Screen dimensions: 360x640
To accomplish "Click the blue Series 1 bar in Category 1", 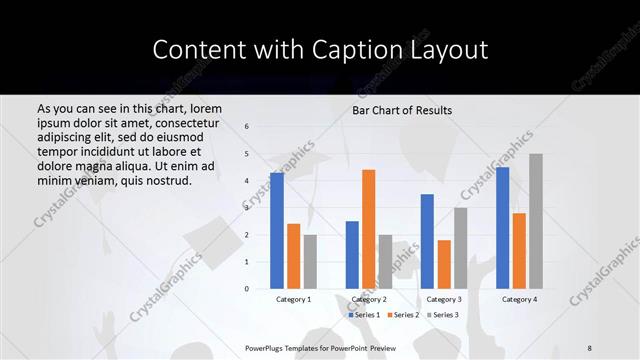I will point(276,231).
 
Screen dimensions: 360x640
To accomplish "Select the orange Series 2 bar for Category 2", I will point(368,229).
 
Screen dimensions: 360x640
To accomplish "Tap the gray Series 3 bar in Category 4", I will point(536,221).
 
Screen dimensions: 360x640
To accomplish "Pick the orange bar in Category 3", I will point(443,264).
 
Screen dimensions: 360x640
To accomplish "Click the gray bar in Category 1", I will point(310,262).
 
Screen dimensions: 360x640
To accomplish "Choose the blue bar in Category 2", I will point(352,255).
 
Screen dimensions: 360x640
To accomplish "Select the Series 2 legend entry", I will point(402,315).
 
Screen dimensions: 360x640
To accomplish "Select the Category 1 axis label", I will point(293,299).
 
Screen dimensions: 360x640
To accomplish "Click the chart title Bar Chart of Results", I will point(402,110).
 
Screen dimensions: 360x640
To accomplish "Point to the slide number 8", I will point(590,347).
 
